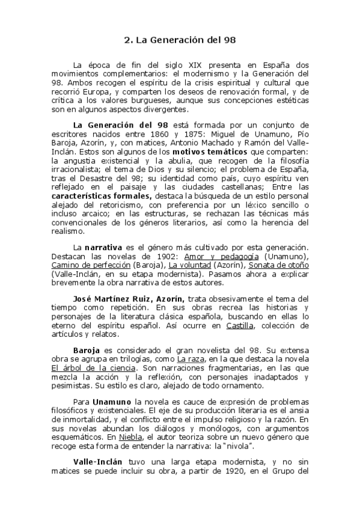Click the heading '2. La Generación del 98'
[180, 41]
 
